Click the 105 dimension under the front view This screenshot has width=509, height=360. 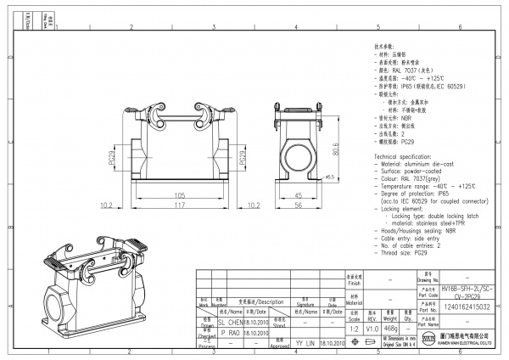pos(180,194)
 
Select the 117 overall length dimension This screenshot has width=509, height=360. pos(180,206)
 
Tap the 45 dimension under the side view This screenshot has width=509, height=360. pos(298,194)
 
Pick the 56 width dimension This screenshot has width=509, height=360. pos(298,206)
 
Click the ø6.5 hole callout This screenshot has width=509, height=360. pos(330,177)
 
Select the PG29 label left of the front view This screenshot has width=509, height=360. pos(115,157)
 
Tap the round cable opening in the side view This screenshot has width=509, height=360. pos(299,155)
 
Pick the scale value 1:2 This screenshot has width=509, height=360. pos(352,328)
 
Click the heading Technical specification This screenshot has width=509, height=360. pos(407,158)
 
